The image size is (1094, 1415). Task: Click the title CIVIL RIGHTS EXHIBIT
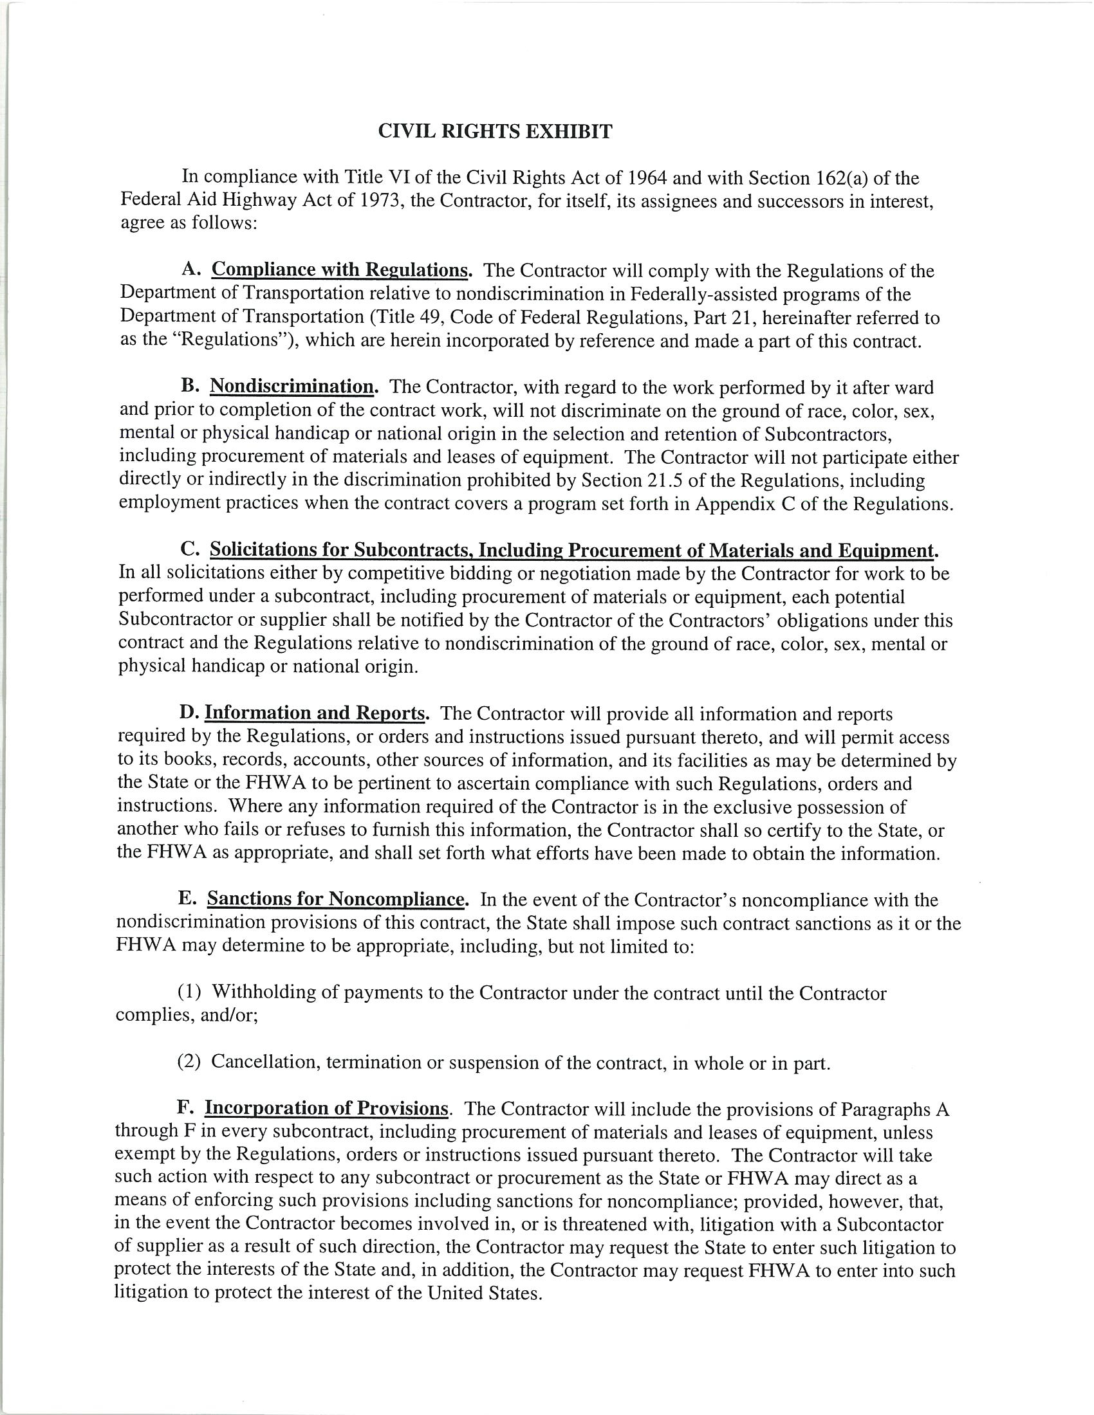tap(494, 132)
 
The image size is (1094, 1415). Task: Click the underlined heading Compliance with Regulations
tap(340, 270)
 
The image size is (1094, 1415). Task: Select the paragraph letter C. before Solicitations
tap(190, 550)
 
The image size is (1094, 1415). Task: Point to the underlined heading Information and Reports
tap(315, 714)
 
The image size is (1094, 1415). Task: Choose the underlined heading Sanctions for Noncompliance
tap(337, 900)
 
